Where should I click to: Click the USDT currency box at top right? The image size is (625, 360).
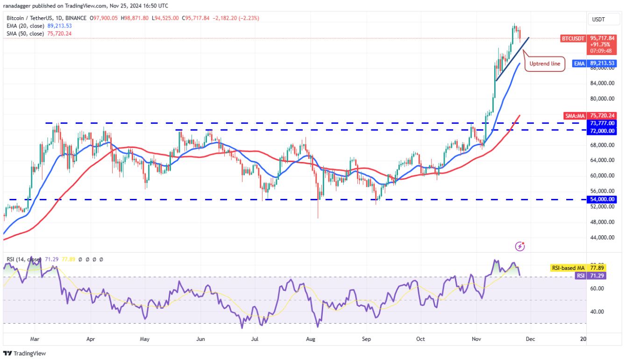pos(599,19)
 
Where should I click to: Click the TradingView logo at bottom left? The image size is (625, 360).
pos(25,353)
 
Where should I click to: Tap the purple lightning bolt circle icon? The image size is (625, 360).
pos(519,246)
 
